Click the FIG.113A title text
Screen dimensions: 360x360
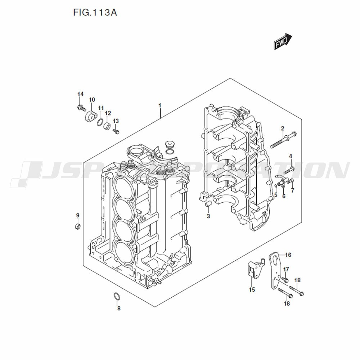click(x=95, y=13)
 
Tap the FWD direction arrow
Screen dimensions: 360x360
click(x=282, y=41)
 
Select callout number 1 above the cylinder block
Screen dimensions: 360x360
click(x=159, y=106)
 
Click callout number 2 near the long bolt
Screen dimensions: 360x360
click(x=283, y=128)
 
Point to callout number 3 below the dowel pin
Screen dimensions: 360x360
click(x=208, y=216)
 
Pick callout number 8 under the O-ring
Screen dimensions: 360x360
click(x=119, y=308)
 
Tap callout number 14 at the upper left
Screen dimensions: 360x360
click(x=80, y=94)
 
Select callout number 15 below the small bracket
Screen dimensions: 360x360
click(x=252, y=289)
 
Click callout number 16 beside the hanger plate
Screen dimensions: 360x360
click(x=288, y=255)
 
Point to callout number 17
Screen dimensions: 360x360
click(x=286, y=269)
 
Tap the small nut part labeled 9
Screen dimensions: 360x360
click(x=77, y=226)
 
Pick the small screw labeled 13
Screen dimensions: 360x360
click(x=116, y=131)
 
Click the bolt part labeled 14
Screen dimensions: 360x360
click(x=81, y=107)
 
